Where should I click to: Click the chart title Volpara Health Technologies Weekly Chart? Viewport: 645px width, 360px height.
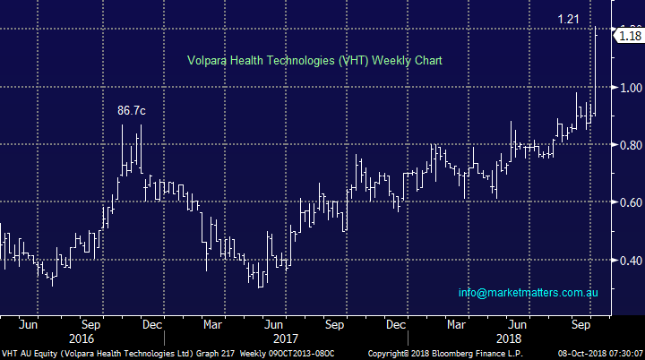pos(314,61)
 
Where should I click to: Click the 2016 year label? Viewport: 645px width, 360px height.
pos(82,339)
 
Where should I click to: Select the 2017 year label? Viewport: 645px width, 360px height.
pos(286,339)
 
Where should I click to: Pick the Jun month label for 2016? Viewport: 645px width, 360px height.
pos(30,325)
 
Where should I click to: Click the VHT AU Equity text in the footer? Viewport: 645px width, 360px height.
pos(32,354)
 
